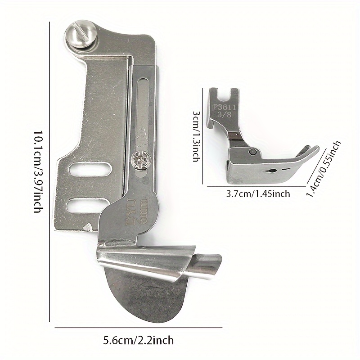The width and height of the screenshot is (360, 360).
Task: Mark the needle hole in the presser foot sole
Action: click(272, 171)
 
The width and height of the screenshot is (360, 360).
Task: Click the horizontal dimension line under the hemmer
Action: click(139, 328)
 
